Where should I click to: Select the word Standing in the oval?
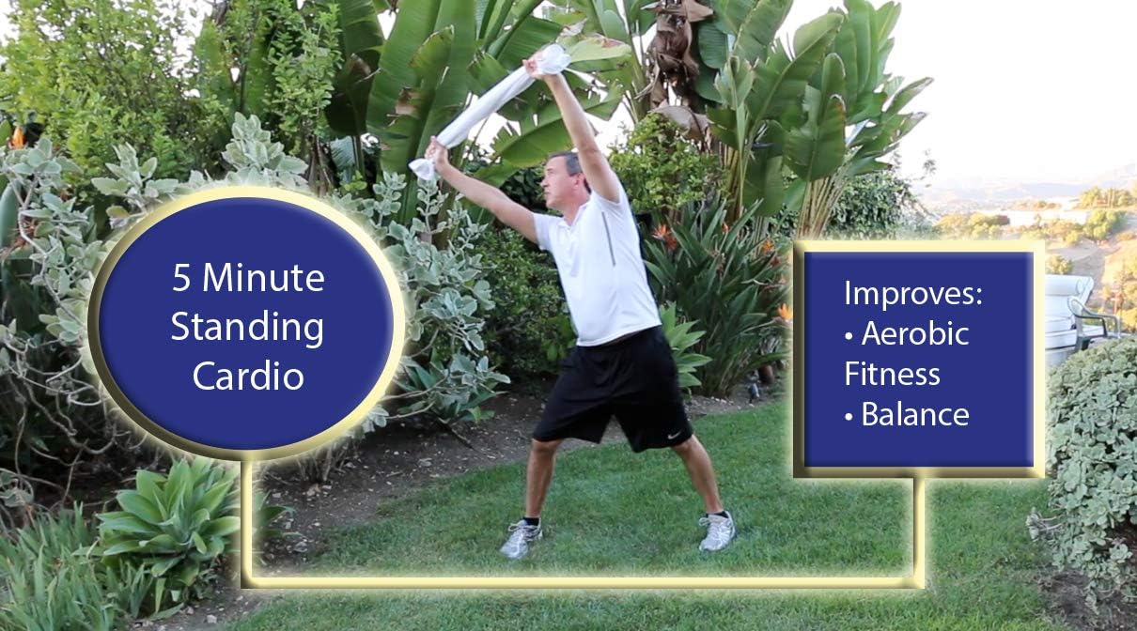pos(247,328)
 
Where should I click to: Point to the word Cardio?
pos(248,376)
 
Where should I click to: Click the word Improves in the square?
pos(912,294)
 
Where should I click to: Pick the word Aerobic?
pos(914,334)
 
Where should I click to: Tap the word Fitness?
pos(892,374)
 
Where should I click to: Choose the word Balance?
pos(914,414)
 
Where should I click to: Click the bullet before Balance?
pos(849,416)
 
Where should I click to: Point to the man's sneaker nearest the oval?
pos(521,539)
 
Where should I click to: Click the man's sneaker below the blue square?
pos(717,531)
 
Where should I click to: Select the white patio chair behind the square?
pos(1071,310)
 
